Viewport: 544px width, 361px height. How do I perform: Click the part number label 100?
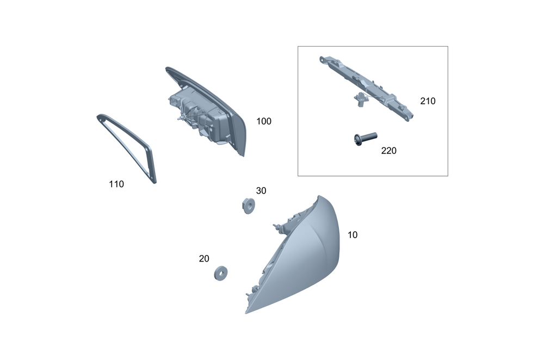(x=264, y=121)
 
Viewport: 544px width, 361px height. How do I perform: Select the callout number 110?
(x=116, y=184)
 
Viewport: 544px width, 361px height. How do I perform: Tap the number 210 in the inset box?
(x=428, y=101)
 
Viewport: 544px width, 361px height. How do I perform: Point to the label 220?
(x=388, y=151)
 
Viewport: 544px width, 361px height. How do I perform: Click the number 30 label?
(x=261, y=191)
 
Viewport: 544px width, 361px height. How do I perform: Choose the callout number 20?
(x=204, y=259)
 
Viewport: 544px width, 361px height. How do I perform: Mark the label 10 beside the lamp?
(x=353, y=235)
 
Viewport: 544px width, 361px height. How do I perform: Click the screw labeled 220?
(x=366, y=139)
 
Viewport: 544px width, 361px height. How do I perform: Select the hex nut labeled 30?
(x=249, y=206)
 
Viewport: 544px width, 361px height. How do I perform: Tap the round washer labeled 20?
(x=221, y=273)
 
